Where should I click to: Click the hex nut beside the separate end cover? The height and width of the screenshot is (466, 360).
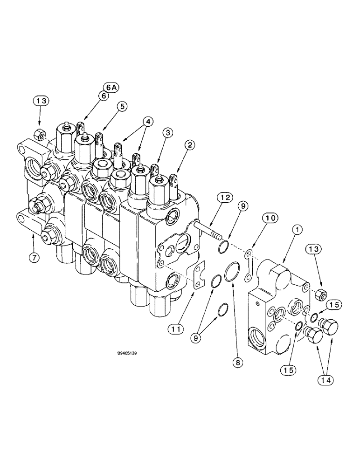click(x=320, y=295)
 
